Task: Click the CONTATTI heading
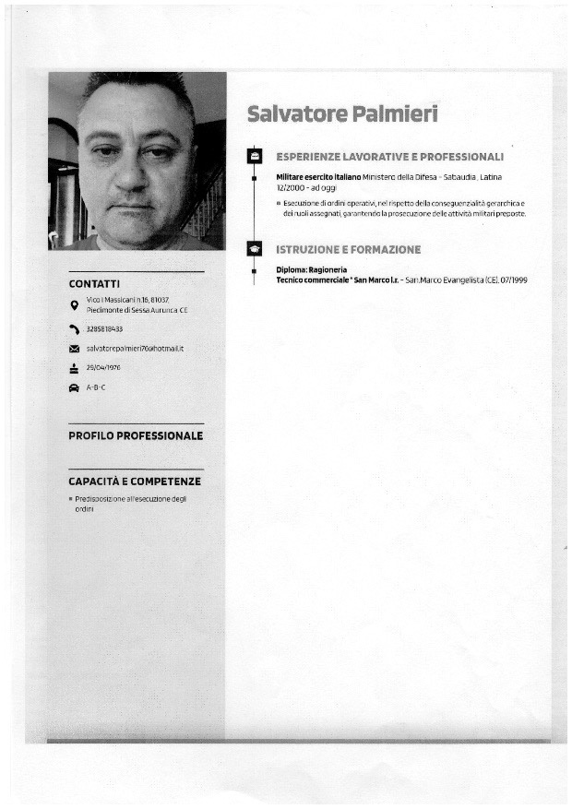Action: coord(94,284)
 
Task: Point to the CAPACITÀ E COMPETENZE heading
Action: coord(135,482)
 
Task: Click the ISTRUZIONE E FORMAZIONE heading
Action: coord(349,249)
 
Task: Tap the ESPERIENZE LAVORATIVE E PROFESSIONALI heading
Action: coord(389,157)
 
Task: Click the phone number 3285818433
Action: coord(104,329)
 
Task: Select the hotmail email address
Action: coord(136,349)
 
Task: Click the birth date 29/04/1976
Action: coord(103,367)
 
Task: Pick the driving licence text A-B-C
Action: coord(96,387)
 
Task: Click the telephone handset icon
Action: coord(74,329)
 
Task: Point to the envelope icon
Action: coord(74,349)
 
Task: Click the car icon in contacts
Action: coord(74,387)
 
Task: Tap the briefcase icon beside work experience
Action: coord(256,157)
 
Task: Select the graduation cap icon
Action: coord(256,249)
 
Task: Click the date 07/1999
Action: coord(513,280)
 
